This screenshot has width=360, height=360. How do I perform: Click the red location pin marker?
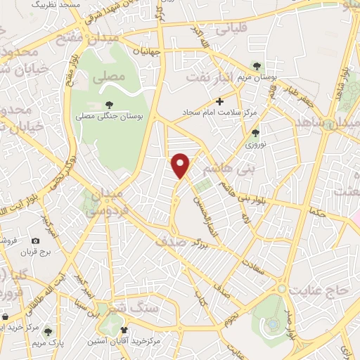coord(182,165)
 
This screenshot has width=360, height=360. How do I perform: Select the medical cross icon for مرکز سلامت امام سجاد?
coord(219,101)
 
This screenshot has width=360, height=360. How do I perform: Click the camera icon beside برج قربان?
coord(36,240)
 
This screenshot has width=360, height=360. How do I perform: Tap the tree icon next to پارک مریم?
coord(47,330)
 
